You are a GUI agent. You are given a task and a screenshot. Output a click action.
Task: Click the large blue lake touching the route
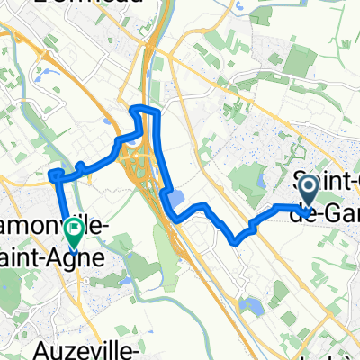(175, 199)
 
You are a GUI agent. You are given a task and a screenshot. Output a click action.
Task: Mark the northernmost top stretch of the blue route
(146, 109)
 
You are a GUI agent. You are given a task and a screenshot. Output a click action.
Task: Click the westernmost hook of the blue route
(53, 173)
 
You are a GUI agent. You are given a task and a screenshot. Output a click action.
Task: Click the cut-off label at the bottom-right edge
(334, 353)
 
